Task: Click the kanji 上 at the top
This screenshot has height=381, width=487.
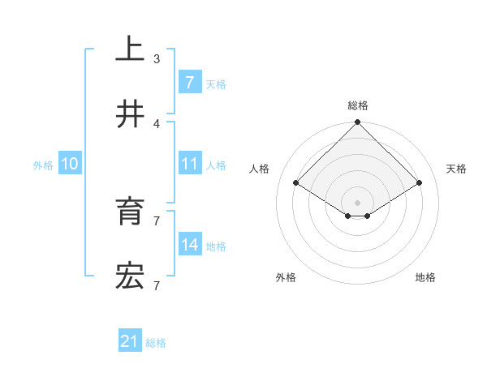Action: pyautogui.click(x=131, y=49)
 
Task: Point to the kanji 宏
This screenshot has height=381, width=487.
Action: pyautogui.click(x=131, y=276)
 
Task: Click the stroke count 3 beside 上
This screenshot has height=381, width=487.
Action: pyautogui.click(x=157, y=59)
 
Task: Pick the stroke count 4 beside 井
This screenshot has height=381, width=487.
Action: pyautogui.click(x=157, y=123)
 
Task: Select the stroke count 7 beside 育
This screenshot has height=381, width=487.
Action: pyautogui.click(x=157, y=220)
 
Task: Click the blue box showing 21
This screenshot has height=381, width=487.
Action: pyautogui.click(x=130, y=342)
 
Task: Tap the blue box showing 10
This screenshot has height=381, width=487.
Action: pyautogui.click(x=70, y=164)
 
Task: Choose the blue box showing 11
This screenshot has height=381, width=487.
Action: pyautogui.click(x=190, y=164)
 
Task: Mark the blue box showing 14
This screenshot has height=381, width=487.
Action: pyautogui.click(x=190, y=245)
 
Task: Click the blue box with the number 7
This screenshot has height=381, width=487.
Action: pyautogui.click(x=190, y=83)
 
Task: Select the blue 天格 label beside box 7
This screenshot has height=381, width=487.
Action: pyautogui.click(x=216, y=83)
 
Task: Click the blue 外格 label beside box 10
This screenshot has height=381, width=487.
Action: pyautogui.click(x=43, y=165)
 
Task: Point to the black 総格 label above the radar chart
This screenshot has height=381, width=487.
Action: pyautogui.click(x=358, y=105)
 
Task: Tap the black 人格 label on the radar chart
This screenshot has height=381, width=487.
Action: pyautogui.click(x=260, y=169)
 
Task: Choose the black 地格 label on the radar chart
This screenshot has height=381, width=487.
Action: pyautogui.click(x=425, y=277)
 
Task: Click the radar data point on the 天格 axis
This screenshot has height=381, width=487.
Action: pyautogui.click(x=420, y=183)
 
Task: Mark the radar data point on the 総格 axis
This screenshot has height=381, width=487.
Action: pyautogui.click(x=358, y=123)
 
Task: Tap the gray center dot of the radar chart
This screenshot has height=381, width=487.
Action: pyautogui.click(x=358, y=202)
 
